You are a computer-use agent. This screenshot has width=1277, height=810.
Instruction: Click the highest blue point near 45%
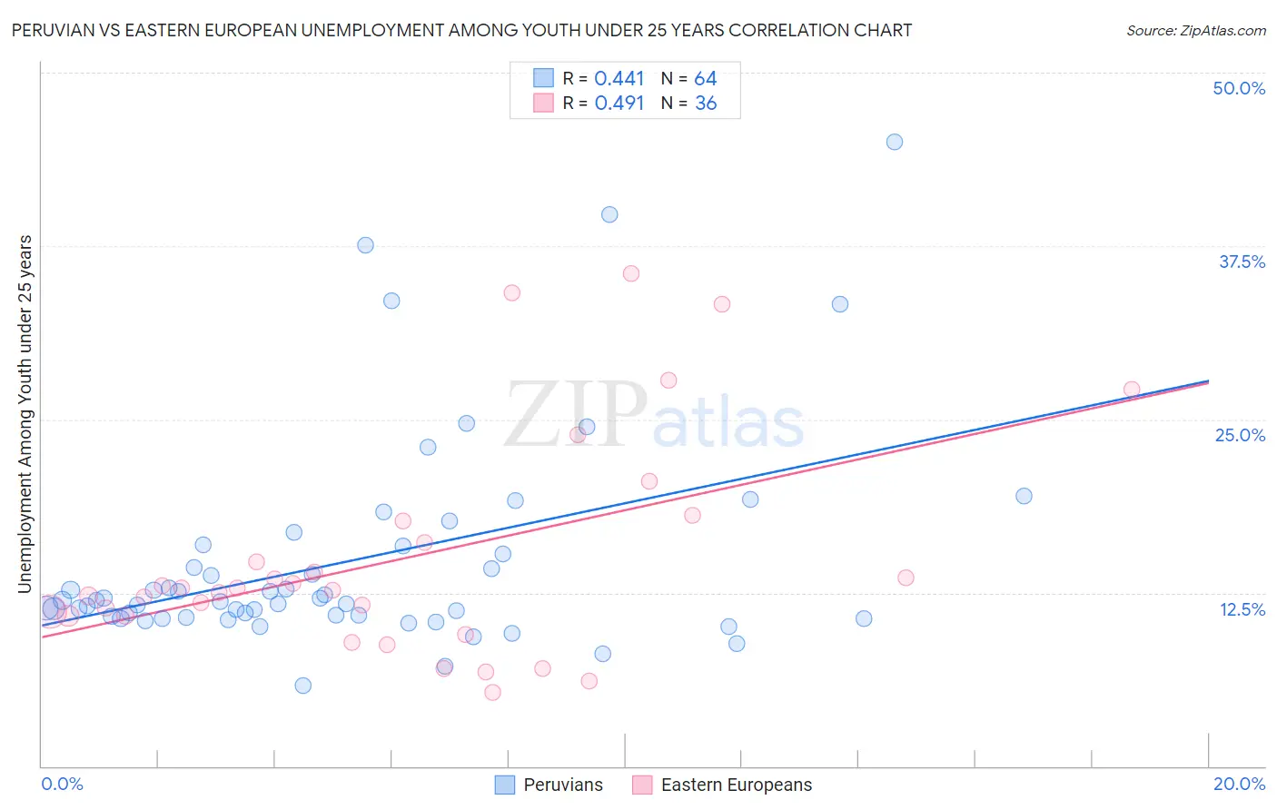(894, 142)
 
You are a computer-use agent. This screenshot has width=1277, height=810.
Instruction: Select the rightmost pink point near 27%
(1131, 390)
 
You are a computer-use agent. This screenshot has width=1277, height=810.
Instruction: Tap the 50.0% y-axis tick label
(1239, 88)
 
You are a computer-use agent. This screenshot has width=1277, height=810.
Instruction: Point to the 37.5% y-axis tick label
(1242, 262)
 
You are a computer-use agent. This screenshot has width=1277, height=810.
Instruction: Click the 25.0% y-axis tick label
(1240, 435)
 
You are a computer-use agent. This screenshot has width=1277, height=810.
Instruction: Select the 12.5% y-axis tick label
(1242, 609)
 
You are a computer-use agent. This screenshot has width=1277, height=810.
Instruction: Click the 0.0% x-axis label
(62, 784)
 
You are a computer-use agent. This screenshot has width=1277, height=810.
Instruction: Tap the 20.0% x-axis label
(1239, 784)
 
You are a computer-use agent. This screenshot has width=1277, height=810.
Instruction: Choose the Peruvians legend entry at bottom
(549, 785)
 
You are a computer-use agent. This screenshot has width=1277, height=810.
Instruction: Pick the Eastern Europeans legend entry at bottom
(722, 785)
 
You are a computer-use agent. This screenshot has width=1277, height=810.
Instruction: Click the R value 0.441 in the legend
(619, 79)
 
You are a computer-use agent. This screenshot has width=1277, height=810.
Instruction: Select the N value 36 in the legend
(706, 104)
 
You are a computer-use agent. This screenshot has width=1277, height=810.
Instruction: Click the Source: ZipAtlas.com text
(1195, 31)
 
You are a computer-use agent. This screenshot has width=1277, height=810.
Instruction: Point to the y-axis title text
(25, 414)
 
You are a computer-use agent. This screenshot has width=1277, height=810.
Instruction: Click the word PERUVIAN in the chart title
(53, 31)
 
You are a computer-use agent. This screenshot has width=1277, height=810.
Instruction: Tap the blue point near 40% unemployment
(609, 214)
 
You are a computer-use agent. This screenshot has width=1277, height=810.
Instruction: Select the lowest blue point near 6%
(303, 686)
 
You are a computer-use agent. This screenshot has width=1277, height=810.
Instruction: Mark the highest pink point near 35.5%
(631, 273)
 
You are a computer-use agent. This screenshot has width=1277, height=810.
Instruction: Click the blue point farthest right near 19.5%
(1024, 496)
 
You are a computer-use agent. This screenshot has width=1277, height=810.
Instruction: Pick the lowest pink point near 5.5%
(492, 692)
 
